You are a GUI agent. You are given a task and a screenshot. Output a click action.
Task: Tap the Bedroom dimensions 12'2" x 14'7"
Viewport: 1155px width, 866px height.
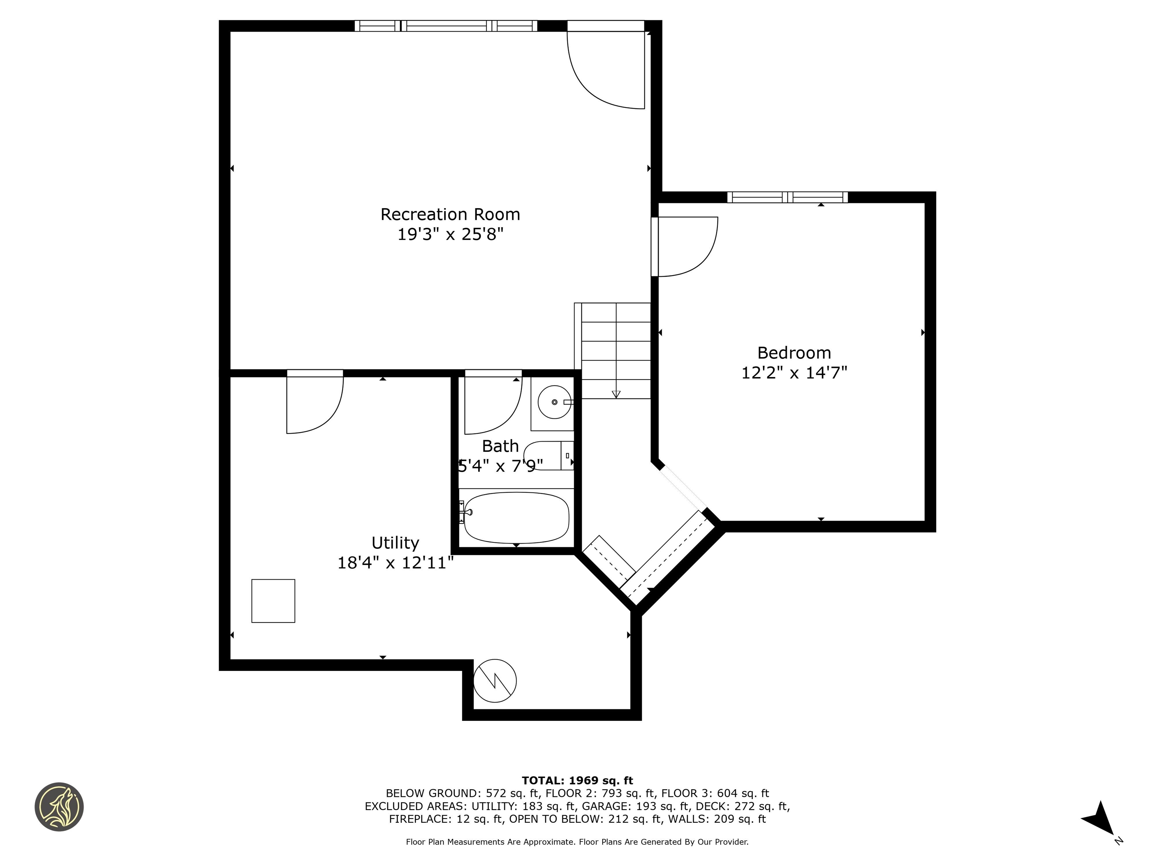coord(794,373)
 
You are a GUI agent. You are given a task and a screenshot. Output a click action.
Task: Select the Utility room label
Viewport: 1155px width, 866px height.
coord(395,543)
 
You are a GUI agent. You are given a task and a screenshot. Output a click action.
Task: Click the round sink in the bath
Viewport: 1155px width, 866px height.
coord(554,402)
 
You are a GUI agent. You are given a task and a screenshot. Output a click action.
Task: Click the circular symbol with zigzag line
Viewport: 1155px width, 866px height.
coord(494,681)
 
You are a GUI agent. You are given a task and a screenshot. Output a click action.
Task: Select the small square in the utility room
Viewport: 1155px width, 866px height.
coord(273,601)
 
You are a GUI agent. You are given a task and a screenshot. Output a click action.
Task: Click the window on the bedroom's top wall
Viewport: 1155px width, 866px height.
coord(787,197)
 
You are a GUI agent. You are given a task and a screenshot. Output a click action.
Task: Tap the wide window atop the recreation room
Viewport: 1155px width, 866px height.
coord(446,26)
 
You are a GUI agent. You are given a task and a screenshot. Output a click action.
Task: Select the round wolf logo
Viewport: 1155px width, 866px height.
coord(59,807)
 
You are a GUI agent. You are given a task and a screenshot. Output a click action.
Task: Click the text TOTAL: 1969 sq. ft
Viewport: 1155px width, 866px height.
coord(577,780)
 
